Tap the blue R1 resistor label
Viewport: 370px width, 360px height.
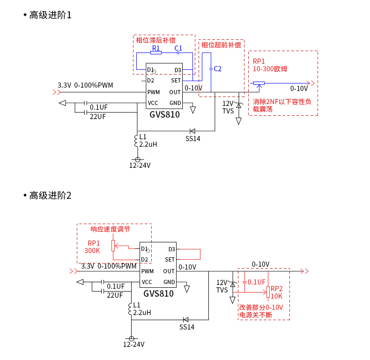tap(156, 48)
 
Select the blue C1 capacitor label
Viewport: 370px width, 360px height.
tap(178, 48)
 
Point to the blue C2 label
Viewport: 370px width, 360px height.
tap(217, 69)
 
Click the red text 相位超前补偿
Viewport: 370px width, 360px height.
tap(221, 45)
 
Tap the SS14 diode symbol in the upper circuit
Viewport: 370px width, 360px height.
tap(192, 131)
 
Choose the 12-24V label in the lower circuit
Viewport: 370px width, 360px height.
tap(133, 345)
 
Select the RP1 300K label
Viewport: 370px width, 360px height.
tap(93, 247)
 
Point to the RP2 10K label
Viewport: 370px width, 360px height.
tap(276, 292)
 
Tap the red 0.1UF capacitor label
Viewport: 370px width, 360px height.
tap(257, 282)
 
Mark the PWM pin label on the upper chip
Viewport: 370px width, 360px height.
tap(154, 92)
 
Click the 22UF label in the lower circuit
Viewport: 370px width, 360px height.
tap(115, 295)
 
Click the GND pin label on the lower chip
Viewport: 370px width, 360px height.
tap(169, 282)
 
